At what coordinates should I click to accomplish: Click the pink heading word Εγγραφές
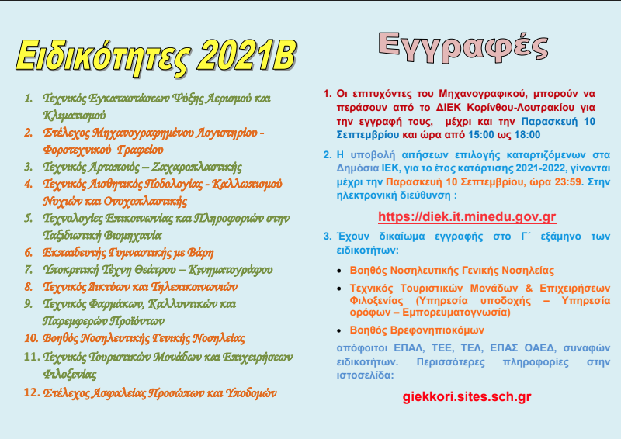coord(463,47)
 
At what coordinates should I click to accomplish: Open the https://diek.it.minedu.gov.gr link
coord(467,216)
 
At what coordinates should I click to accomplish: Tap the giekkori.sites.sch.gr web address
coord(467,396)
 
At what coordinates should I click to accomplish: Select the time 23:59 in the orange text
coord(568,181)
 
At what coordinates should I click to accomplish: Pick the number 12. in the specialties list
coord(32,392)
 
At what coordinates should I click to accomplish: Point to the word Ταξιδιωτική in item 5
coord(71,236)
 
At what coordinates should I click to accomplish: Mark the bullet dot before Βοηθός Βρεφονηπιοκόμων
coord(339,330)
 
